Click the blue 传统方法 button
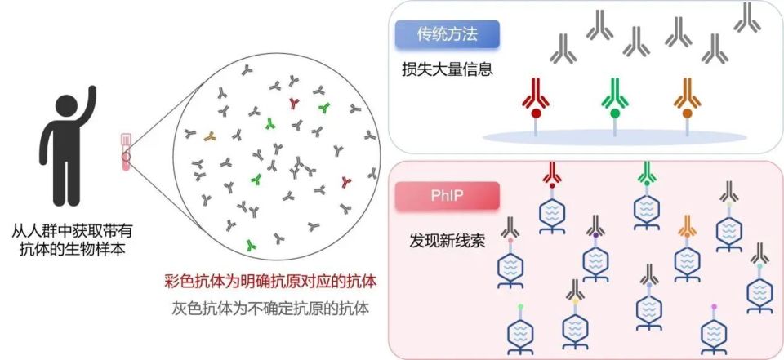click(x=447, y=35)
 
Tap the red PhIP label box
click(x=446, y=197)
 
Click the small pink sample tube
click(x=127, y=152)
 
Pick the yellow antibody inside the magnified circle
click(x=210, y=135)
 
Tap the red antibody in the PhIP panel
click(x=553, y=172)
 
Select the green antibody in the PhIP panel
click(x=647, y=172)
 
